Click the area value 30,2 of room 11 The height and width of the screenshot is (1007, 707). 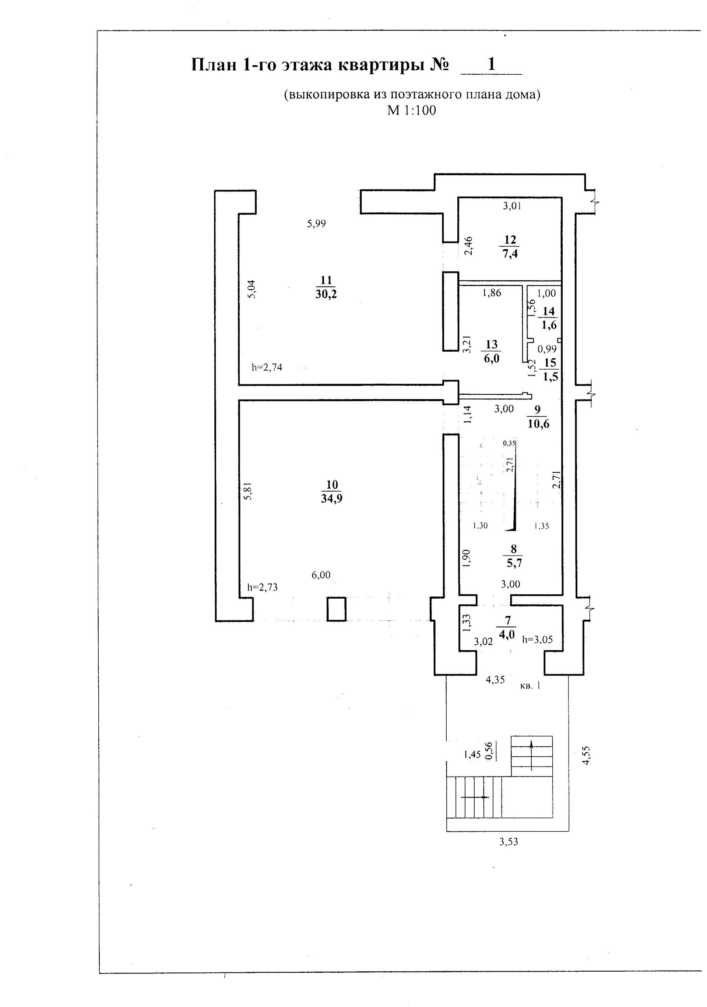pos(326,294)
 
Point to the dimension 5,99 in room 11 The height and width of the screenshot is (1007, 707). pos(316,224)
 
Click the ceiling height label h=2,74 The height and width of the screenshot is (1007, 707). pos(267,367)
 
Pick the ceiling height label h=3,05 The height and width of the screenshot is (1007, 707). pos(537,640)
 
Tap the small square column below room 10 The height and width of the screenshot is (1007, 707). pos(337,609)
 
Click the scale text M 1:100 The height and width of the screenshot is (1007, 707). pos(411,110)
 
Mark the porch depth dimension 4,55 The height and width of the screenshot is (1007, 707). pos(586,755)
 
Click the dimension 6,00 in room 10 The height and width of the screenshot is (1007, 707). pos(321,574)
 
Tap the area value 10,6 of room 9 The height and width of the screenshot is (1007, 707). pos(539,424)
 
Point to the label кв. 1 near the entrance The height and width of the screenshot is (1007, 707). pos(530,686)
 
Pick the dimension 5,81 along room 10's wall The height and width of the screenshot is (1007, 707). pos(248,490)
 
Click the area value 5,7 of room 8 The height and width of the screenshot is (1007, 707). pos(514,563)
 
